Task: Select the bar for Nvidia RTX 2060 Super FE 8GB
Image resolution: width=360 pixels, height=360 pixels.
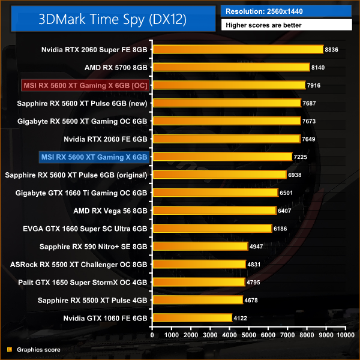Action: (238, 49)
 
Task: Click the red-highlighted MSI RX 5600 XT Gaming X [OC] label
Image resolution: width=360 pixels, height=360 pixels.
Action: (85, 85)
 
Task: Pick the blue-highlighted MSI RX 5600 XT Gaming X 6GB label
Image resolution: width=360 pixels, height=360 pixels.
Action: (93, 157)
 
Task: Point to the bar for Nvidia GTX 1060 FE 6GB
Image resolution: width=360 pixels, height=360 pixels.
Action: (192, 318)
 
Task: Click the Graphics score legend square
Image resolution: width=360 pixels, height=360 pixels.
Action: (9, 349)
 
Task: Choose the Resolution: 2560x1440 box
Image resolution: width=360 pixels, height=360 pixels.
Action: (287, 11)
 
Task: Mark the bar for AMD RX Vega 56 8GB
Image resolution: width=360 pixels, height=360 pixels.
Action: (214, 211)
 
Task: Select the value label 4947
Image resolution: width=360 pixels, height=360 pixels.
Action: (258, 247)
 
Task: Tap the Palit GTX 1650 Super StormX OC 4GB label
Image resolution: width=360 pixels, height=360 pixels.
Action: (79, 282)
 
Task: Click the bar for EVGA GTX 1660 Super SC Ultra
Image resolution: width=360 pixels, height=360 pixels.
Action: (212, 229)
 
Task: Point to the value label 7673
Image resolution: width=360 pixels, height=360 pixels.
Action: (311, 121)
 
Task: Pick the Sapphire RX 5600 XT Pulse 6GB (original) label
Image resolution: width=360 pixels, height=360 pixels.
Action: (76, 175)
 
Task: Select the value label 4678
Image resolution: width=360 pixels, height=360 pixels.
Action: (253, 300)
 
